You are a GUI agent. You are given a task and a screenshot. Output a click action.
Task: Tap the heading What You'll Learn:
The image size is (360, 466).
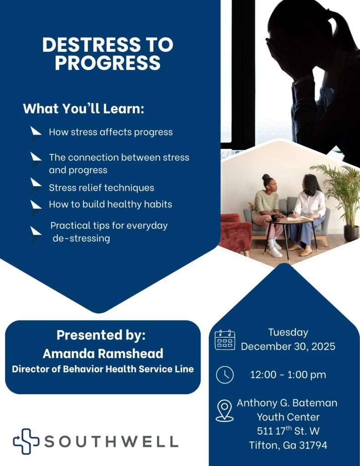pyautogui.click(x=83, y=109)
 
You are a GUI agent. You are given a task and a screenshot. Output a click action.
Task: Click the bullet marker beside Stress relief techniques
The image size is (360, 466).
pyautogui.click(x=36, y=183)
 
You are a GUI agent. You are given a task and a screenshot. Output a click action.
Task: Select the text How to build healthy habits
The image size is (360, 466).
pyautogui.click(x=111, y=204)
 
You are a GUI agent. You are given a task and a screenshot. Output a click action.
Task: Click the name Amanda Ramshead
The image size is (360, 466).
pyautogui.click(x=103, y=354)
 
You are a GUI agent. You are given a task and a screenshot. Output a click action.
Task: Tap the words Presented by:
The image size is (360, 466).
pyautogui.click(x=101, y=335)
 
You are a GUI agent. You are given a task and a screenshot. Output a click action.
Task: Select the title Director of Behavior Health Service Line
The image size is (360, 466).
pyautogui.click(x=103, y=369)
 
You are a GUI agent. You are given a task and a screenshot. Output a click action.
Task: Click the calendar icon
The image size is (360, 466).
pyautogui.click(x=225, y=340)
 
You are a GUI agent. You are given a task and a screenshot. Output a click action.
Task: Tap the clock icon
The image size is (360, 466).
pyautogui.click(x=225, y=375)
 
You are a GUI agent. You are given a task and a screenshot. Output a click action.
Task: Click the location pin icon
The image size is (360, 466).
pyautogui.click(x=224, y=410)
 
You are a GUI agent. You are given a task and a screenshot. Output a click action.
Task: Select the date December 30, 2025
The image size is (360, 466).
pyautogui.click(x=288, y=346)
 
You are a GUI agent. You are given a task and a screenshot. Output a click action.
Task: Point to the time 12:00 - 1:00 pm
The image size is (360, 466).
pyautogui.click(x=288, y=375)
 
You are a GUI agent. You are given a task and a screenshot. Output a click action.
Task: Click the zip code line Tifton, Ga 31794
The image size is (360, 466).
pyautogui.click(x=288, y=445)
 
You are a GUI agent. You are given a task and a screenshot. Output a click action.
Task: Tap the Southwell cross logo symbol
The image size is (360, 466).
pyautogui.click(x=25, y=441)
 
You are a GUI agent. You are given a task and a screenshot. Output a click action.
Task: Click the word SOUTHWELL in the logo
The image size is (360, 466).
pyautogui.click(x=111, y=441)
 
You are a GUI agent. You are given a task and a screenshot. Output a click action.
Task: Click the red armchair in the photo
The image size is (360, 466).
pyautogui.click(x=235, y=233)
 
